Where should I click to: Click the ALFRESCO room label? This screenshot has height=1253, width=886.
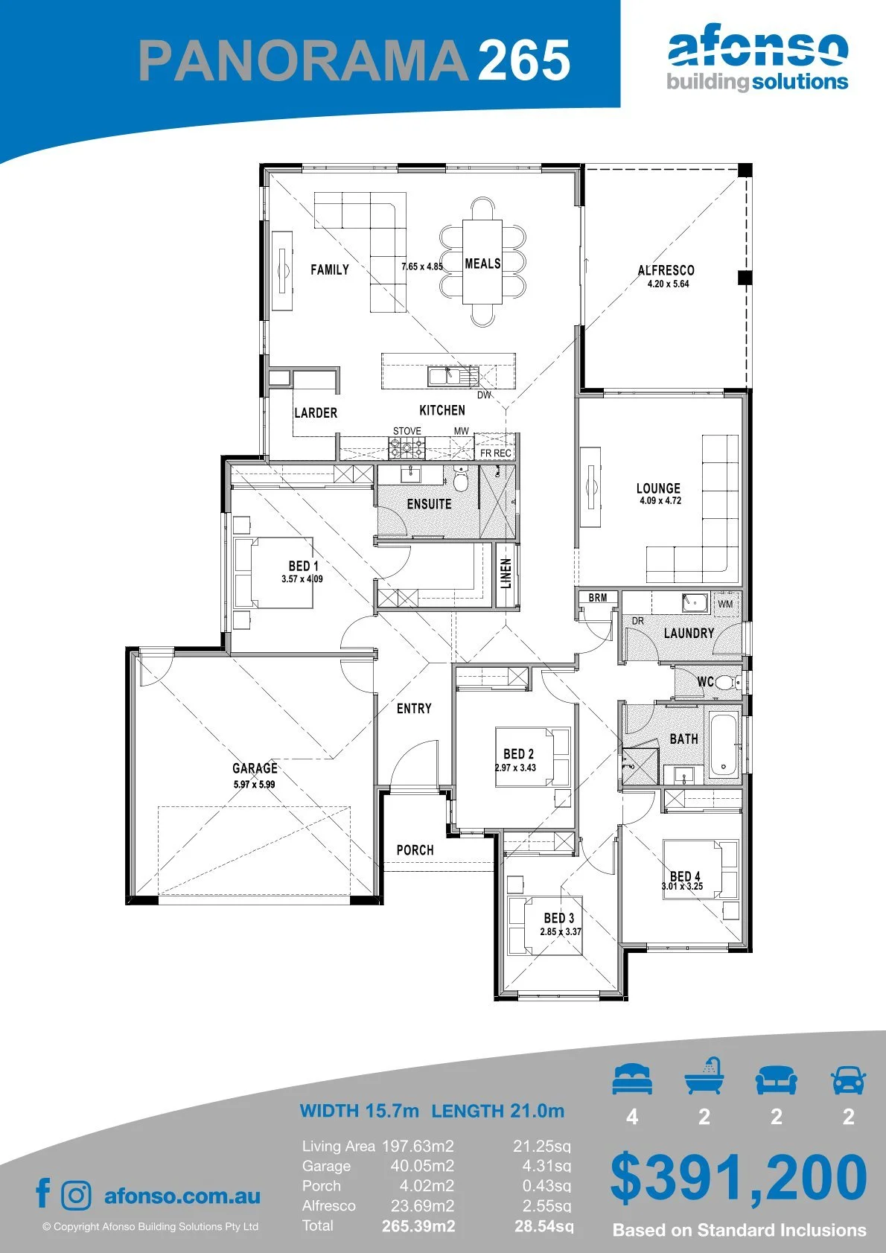(666, 270)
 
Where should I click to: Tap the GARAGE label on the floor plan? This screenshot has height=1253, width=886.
(255, 768)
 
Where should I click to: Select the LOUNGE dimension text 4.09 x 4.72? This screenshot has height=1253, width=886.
(660, 500)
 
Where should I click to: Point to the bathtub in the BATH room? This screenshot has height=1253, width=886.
(724, 745)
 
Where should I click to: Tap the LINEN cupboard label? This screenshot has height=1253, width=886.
(506, 573)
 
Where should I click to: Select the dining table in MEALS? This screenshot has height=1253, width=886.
(482, 261)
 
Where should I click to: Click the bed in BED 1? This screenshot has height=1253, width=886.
(273, 573)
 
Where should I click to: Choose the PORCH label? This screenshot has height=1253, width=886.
(415, 850)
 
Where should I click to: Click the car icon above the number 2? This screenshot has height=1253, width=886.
(849, 1080)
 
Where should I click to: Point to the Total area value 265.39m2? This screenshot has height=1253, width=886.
(418, 1226)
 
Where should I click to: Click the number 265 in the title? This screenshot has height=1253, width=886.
(524, 60)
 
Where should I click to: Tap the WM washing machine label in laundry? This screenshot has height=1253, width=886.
(725, 604)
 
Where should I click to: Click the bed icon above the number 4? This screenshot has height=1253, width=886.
(632, 1079)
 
